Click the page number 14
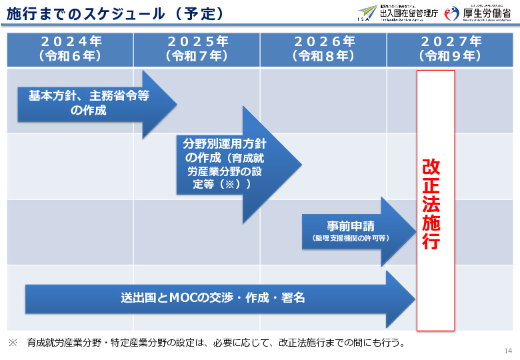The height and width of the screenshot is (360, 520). pos(508,351)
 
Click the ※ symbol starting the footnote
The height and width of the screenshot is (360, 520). pos(13,343)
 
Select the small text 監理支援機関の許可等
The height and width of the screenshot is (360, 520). pos(351,238)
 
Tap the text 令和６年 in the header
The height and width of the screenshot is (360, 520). pos(70,57)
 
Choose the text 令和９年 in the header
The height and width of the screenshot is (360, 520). pos(451,57)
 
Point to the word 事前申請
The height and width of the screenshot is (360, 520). pos(351,225)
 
